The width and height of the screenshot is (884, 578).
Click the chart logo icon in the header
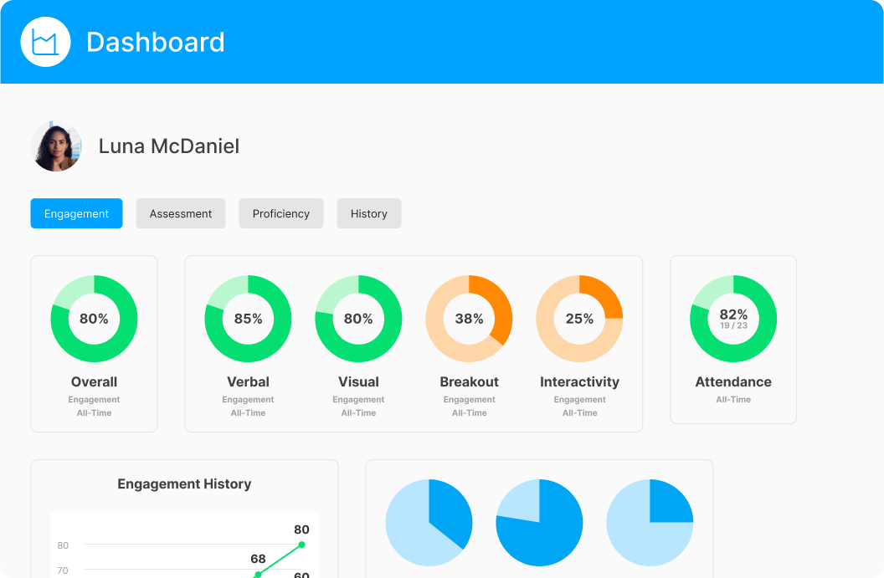pyautogui.click(x=45, y=42)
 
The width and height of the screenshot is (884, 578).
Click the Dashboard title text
pyautogui.click(x=156, y=42)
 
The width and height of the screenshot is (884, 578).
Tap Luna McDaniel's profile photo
pyautogui.click(x=56, y=146)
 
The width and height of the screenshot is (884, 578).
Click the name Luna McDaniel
pyautogui.click(x=169, y=146)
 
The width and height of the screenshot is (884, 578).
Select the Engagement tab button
pyautogui.click(x=76, y=213)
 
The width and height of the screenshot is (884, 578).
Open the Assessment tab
pyautogui.click(x=181, y=213)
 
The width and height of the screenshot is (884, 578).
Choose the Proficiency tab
pyautogui.click(x=281, y=213)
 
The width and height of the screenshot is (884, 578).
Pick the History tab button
pyautogui.click(x=369, y=213)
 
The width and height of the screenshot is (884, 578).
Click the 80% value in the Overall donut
pyautogui.click(x=94, y=319)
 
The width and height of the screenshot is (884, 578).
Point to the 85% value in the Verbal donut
pyautogui.click(x=248, y=319)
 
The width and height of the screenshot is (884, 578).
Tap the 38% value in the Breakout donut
pyautogui.click(x=469, y=319)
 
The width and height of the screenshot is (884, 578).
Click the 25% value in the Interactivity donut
pyautogui.click(x=579, y=319)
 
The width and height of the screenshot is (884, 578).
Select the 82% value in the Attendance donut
pyautogui.click(x=733, y=315)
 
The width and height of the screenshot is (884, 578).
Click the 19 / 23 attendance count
pyautogui.click(x=733, y=325)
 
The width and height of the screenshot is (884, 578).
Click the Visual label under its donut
pyautogui.click(x=358, y=381)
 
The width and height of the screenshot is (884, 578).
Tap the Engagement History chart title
pyautogui.click(x=184, y=483)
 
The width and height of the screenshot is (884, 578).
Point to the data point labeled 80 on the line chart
pyautogui.click(x=301, y=545)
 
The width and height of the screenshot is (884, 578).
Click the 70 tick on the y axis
pyautogui.click(x=63, y=570)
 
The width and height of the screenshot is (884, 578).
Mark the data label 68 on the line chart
pyautogui.click(x=258, y=559)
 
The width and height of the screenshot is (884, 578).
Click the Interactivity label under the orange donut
pyautogui.click(x=579, y=381)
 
